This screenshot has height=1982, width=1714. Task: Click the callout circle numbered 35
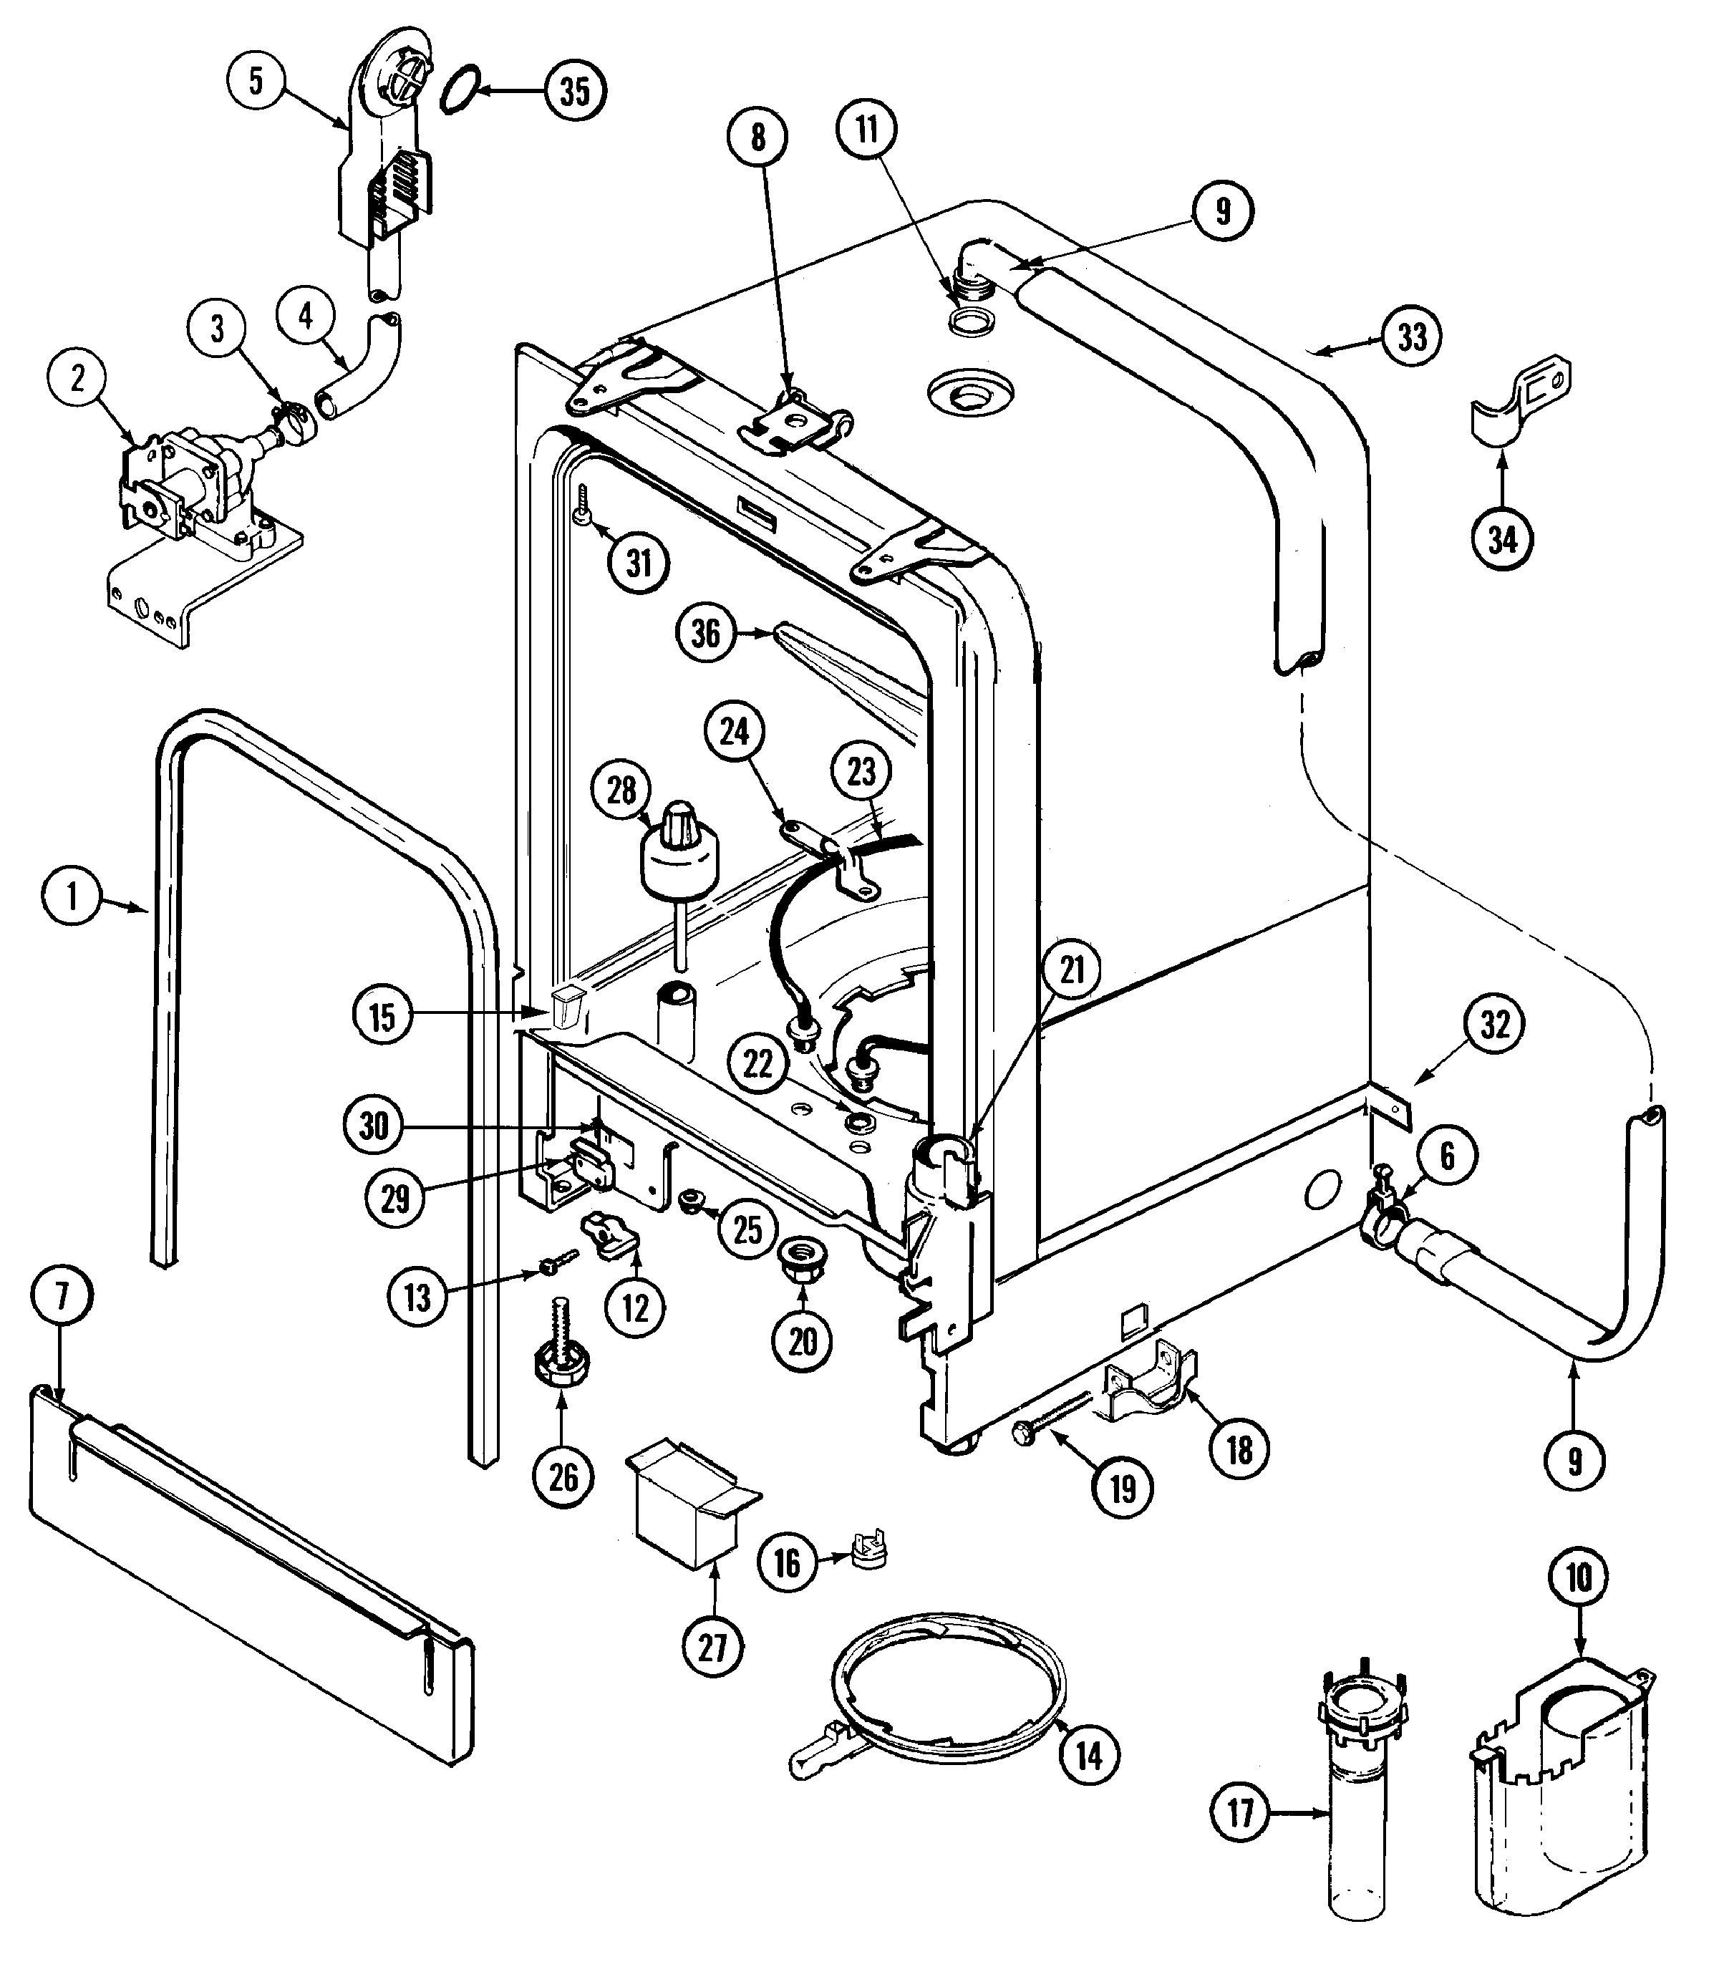click(575, 92)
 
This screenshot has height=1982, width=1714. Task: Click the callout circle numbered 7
click(62, 1297)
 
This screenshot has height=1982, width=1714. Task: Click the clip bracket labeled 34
click(1521, 402)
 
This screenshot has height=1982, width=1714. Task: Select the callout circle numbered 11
click(866, 129)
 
